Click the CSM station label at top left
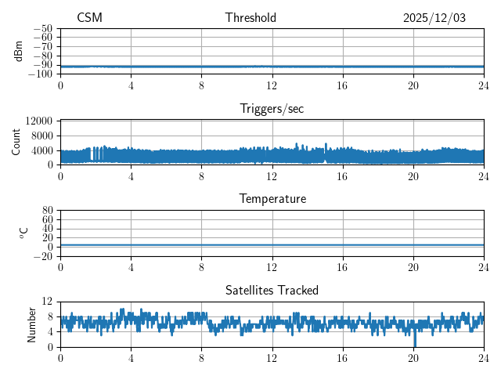coord(89,18)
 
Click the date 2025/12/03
coord(434,18)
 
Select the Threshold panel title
coord(250,18)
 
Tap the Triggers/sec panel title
coord(272,109)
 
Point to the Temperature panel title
coord(272,199)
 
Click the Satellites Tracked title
coord(272,290)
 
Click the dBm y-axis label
coord(19,51)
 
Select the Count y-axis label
coord(16,142)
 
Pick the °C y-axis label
coord(24,233)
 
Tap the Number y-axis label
coord(32,324)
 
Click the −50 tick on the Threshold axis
coord(42,28)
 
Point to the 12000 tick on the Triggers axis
coord(39,121)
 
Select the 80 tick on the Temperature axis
coord(48,211)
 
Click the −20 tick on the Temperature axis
coord(42,256)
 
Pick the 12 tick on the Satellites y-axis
coord(48,302)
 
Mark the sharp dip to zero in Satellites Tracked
coord(415,345)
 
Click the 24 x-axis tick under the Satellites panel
coord(483,358)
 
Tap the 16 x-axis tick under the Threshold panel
coord(342,85)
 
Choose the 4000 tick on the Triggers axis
coord(42,150)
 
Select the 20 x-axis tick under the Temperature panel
coord(413,267)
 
